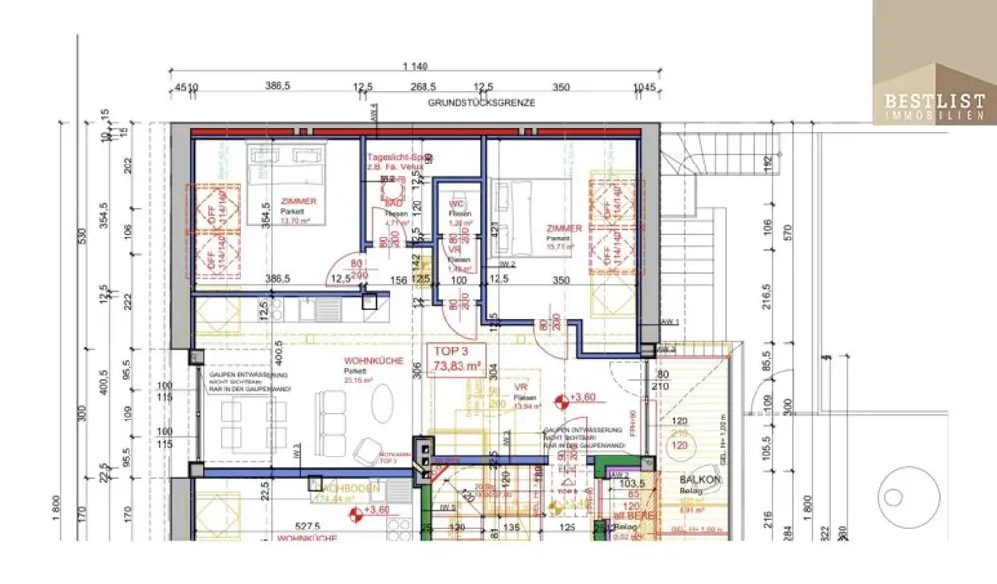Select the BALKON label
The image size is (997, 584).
(x=700, y=480)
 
